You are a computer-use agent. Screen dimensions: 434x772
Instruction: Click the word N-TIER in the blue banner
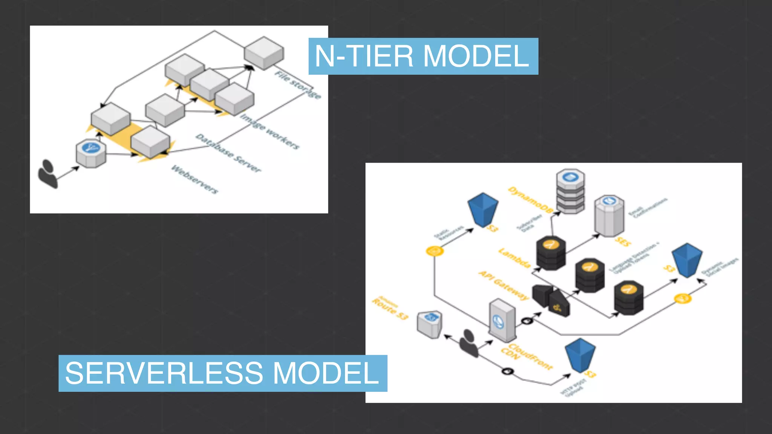tap(364, 57)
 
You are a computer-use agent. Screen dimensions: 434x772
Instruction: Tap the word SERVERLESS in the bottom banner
tap(164, 373)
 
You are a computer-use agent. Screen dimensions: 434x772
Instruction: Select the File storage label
tap(298, 85)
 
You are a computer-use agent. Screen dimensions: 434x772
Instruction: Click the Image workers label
tap(270, 131)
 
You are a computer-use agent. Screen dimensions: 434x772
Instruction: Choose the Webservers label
tap(195, 179)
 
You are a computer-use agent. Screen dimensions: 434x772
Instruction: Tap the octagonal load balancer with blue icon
tap(91, 153)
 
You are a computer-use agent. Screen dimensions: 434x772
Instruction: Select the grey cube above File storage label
tap(264, 53)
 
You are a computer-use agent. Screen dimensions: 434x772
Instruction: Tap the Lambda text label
tap(515, 258)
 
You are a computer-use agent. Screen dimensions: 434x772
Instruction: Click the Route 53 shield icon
tap(429, 324)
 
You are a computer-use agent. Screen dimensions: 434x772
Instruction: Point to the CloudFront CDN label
tap(526, 356)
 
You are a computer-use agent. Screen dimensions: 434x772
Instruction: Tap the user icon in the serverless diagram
tap(469, 343)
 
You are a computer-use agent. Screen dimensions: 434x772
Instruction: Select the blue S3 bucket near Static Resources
tap(482, 209)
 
